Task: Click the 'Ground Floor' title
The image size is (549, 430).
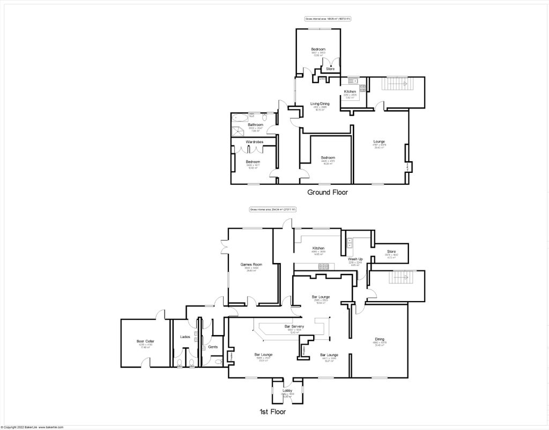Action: [328, 192]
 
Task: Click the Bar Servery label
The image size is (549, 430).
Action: [294, 326]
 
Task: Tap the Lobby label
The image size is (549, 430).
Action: [287, 390]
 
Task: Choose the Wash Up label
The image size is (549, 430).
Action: [355, 259]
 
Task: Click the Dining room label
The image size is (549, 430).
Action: [380, 339]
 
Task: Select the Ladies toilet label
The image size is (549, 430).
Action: [186, 337]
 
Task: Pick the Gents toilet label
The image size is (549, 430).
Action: [213, 347]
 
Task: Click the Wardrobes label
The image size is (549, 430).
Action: [254, 142]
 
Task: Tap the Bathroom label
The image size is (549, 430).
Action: [255, 125]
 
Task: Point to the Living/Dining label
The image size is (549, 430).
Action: [320, 104]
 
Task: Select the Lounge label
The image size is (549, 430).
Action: [380, 142]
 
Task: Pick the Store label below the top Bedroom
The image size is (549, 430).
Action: [330, 69]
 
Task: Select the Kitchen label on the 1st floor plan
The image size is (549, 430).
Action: [318, 248]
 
